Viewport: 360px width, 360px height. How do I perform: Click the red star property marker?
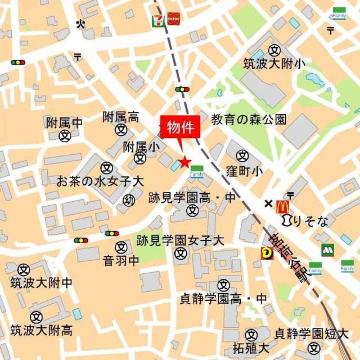184,162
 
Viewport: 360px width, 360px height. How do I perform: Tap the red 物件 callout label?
180,128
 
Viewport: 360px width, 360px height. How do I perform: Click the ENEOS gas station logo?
173,19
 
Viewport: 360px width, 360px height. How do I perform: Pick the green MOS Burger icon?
327,250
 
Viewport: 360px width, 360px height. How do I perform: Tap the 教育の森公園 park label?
249,119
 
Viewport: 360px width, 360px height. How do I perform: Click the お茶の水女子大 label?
100,182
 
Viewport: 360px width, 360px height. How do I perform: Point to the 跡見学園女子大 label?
180,241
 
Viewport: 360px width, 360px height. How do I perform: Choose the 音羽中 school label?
121,261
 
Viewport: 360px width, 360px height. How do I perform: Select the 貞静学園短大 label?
312,333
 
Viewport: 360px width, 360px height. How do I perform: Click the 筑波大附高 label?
41,330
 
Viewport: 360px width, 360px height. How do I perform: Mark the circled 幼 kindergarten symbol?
129,200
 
